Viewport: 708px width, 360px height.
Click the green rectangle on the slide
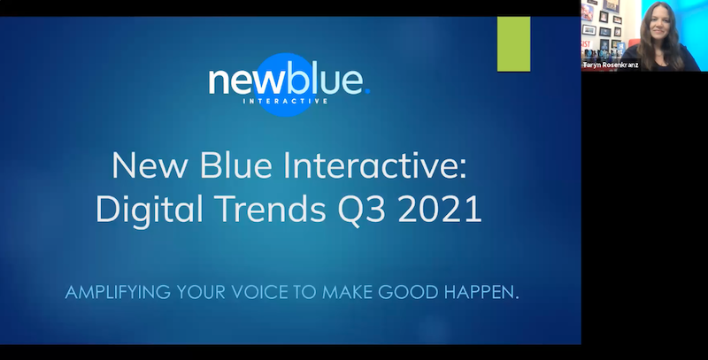(514, 44)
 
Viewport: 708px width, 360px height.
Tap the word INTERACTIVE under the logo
(285, 101)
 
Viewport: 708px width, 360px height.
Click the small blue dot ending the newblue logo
(367, 91)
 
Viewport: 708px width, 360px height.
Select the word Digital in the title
(150, 209)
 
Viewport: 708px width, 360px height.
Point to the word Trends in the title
(270, 209)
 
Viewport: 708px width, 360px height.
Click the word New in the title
(150, 165)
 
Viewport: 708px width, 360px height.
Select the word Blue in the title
(235, 165)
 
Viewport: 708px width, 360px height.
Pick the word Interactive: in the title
(375, 165)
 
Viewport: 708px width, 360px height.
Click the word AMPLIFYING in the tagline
(118, 292)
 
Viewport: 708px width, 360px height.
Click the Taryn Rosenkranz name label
(611, 65)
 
